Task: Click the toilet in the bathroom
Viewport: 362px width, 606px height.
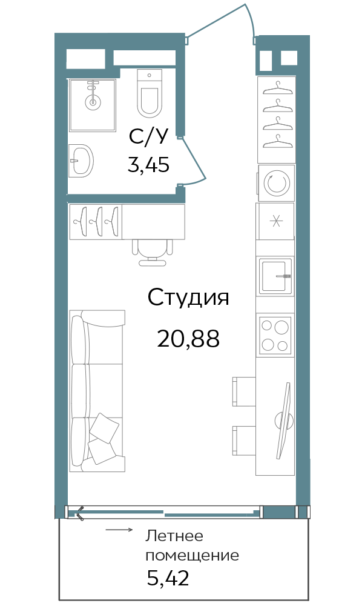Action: [149, 94]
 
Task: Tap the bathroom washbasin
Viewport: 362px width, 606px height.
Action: [82, 161]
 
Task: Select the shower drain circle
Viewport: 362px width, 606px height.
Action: [93, 102]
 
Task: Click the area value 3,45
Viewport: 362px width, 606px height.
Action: [148, 165]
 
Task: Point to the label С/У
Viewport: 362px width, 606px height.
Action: [149, 137]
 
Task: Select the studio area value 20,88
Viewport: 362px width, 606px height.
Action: [188, 339]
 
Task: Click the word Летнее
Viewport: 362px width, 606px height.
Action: [174, 536]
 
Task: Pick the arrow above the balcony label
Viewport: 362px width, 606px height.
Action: [119, 530]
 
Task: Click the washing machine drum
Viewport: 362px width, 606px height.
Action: [276, 183]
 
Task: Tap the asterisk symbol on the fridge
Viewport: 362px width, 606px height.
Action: [276, 222]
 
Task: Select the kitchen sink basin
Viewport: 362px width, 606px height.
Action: [274, 276]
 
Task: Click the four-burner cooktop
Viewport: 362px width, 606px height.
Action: [275, 334]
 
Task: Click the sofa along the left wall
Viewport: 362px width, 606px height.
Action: [97, 391]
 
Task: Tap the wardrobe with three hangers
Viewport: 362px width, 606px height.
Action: [96, 222]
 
